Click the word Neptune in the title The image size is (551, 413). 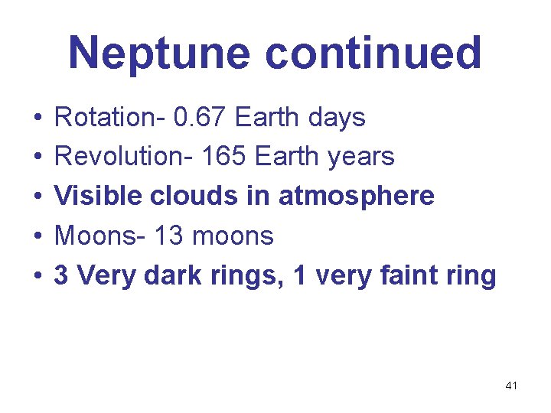[161, 54]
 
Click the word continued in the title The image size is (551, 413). [373, 54]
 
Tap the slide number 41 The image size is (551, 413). [511, 386]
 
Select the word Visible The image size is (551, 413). [98, 197]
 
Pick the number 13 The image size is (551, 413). [169, 236]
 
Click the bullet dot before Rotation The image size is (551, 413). [36, 119]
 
